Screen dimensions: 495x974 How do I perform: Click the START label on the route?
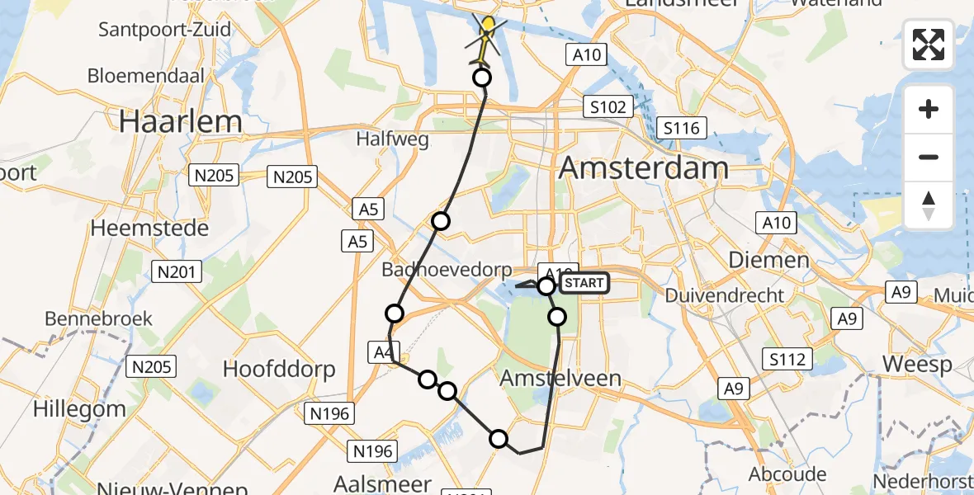point(584,284)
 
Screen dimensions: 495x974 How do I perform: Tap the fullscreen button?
point(929,45)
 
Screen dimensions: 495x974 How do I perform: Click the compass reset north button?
point(929,205)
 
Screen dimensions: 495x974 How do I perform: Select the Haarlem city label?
point(181,121)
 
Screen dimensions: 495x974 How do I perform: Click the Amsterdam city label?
point(644,168)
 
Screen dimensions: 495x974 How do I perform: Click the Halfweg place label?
point(392,139)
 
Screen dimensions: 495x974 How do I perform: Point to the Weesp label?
point(917,364)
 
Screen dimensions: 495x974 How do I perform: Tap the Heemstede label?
point(149,228)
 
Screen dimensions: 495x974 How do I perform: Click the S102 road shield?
point(608,106)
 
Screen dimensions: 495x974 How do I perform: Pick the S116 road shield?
point(681,128)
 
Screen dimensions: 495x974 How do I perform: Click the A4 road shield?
point(381,353)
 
